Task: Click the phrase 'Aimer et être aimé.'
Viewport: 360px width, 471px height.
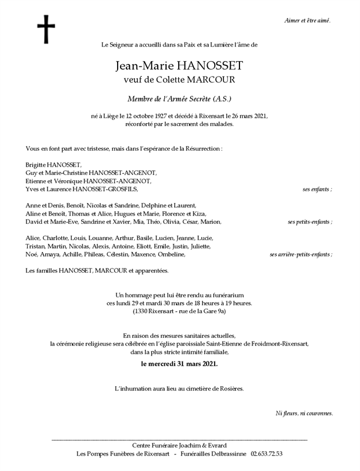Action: click(307, 21)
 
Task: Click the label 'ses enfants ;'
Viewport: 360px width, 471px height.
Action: click(318, 189)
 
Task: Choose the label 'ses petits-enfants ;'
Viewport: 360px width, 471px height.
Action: click(310, 222)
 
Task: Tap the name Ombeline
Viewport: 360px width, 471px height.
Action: click(171, 254)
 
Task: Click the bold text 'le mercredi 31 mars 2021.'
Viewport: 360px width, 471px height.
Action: click(179, 364)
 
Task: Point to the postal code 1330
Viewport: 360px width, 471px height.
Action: click(143, 311)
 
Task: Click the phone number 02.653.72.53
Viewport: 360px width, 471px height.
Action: click(266, 454)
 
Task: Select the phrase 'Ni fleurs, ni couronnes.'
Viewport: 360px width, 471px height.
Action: click(304, 413)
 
